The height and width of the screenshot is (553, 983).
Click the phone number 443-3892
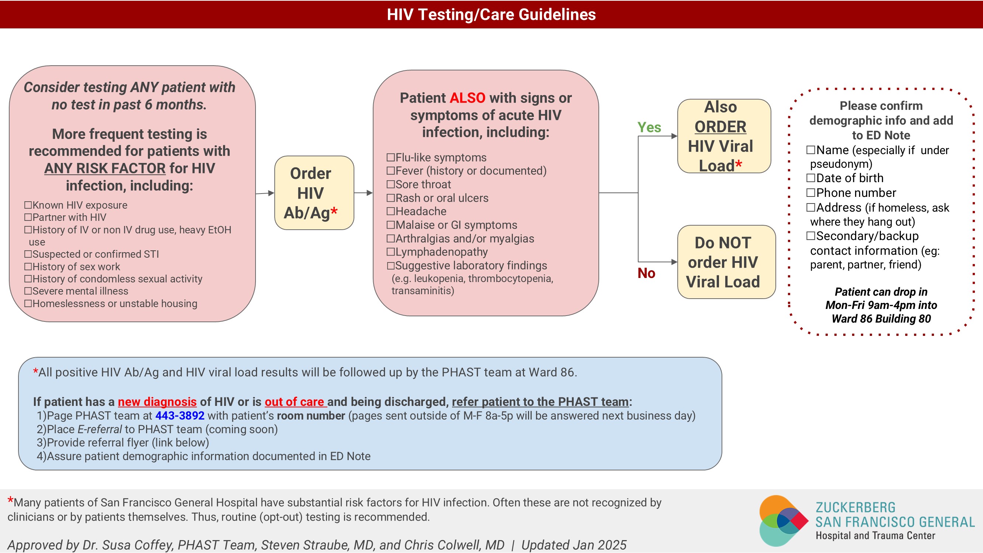pyautogui.click(x=180, y=415)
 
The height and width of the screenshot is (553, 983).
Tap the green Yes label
pyautogui.click(x=649, y=127)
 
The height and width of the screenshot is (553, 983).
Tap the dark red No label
pyautogui.click(x=646, y=273)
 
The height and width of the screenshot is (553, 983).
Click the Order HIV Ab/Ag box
pyautogui.click(x=314, y=193)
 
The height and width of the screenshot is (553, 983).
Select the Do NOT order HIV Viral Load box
pyautogui.click(x=726, y=262)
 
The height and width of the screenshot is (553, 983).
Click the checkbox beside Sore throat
pyautogui.click(x=391, y=184)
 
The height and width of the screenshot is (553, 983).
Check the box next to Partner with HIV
pyautogui.click(x=28, y=217)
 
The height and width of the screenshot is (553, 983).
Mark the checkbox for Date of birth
pyautogui.click(x=811, y=178)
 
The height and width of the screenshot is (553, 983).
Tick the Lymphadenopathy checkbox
pyautogui.click(x=391, y=252)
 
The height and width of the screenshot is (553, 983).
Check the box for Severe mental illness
pyautogui.click(x=28, y=291)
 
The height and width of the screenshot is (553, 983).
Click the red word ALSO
pyautogui.click(x=468, y=98)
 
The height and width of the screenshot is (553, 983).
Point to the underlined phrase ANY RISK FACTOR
pyautogui.click(x=105, y=168)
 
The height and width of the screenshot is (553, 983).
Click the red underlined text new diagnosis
pyautogui.click(x=157, y=401)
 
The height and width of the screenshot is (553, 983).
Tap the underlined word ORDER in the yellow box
pyautogui.click(x=720, y=127)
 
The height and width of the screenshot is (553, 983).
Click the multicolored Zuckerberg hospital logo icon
pyautogui.click(x=784, y=521)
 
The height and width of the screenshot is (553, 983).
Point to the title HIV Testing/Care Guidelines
pyautogui.click(x=491, y=14)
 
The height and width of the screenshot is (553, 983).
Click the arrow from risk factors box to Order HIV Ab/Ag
pyautogui.click(x=265, y=193)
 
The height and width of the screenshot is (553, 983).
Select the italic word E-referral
pyautogui.click(x=100, y=429)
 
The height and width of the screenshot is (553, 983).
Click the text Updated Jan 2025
pyautogui.click(x=574, y=545)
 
